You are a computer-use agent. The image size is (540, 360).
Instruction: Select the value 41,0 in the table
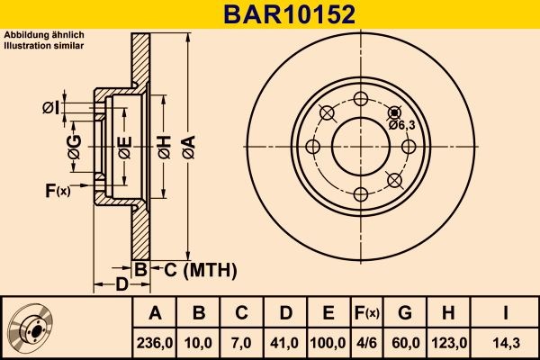[x=285, y=342]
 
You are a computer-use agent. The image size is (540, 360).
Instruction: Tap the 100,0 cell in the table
[x=328, y=342]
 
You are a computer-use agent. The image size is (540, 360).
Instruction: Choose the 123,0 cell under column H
[x=447, y=342]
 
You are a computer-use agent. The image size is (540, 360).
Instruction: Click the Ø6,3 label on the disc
[x=400, y=125]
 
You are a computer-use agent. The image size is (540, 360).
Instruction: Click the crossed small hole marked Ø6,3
[x=393, y=112]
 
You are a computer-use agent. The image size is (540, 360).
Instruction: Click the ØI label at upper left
[x=51, y=109]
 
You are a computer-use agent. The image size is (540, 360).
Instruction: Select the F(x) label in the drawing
[x=57, y=190]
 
